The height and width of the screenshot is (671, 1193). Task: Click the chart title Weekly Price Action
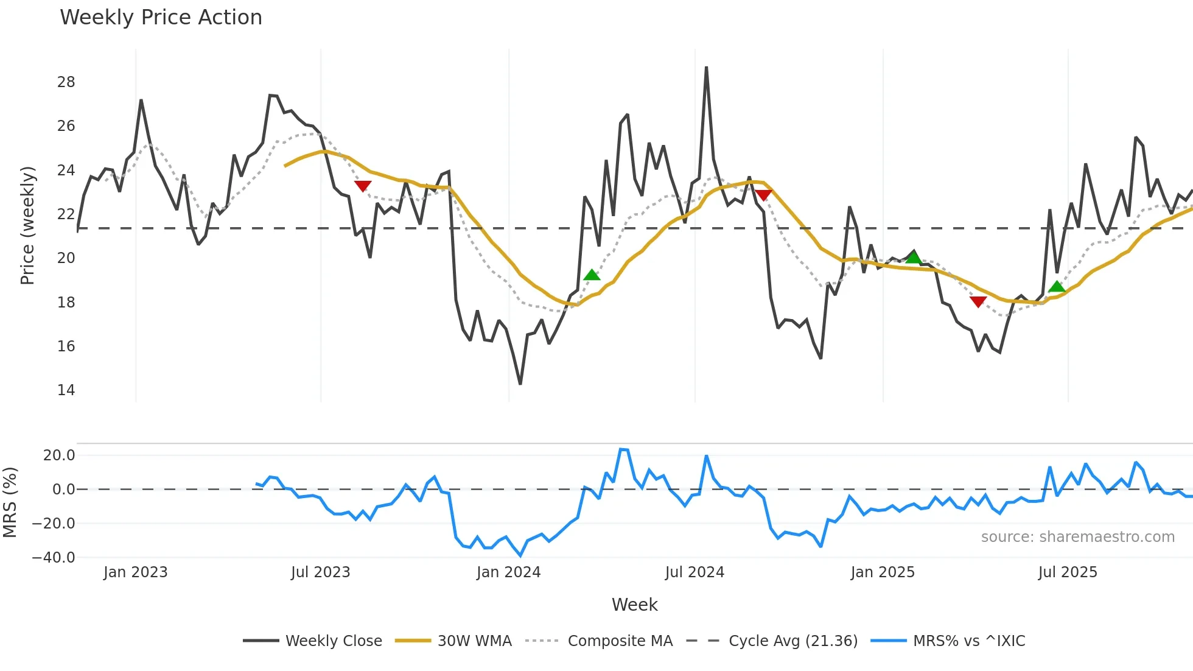[x=161, y=17]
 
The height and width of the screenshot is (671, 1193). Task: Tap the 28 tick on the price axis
[x=66, y=82]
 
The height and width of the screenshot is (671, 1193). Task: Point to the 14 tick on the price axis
[x=66, y=390]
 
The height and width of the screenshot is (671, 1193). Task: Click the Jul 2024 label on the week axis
[x=694, y=572]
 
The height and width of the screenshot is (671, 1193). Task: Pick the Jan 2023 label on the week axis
[x=135, y=572]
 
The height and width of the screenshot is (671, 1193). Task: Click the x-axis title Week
[x=634, y=605]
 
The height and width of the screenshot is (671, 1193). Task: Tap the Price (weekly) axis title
[x=27, y=225]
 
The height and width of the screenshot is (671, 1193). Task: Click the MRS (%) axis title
[x=10, y=502]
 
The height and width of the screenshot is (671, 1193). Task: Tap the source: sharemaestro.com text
[x=1077, y=536]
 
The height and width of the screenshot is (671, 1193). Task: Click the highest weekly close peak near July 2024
[x=706, y=68]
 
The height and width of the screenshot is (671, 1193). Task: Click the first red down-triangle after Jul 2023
[x=363, y=186]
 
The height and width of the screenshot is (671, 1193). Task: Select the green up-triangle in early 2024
[x=592, y=275]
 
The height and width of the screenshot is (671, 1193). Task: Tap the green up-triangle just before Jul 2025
[x=1057, y=287]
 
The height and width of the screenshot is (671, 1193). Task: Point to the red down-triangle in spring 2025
[x=978, y=301]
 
